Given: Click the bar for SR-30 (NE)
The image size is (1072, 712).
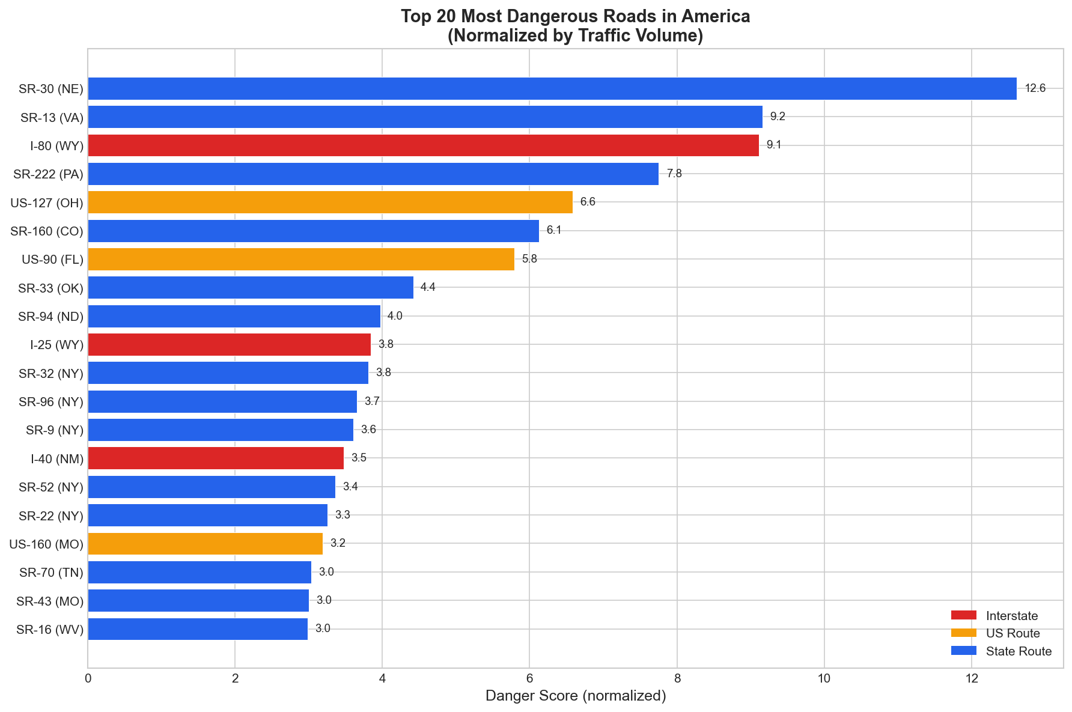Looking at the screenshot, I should (x=552, y=88).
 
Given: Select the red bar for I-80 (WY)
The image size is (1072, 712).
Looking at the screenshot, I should (x=423, y=145).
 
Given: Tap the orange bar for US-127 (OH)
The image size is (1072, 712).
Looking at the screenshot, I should (x=330, y=202).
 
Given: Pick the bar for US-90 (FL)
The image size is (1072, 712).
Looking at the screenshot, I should (x=300, y=259).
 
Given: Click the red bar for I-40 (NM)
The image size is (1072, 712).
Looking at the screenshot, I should (x=216, y=458).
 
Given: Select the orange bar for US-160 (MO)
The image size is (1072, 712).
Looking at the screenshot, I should (x=205, y=543).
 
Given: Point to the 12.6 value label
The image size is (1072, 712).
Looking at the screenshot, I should (x=1035, y=88).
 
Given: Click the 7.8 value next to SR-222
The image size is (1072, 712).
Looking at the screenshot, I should (x=674, y=174).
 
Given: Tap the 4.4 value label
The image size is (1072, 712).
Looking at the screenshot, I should (x=428, y=287).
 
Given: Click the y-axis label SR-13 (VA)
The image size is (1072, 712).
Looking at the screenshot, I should (x=52, y=117).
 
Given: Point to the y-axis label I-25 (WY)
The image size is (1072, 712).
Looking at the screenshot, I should (x=56, y=344).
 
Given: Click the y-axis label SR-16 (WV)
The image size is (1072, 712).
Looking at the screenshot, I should (x=50, y=629).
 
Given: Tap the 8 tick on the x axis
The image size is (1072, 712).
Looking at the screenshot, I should (x=677, y=678).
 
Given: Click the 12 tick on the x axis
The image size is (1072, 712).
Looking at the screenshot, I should (x=971, y=678).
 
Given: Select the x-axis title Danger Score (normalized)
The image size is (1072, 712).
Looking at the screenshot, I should (x=575, y=696).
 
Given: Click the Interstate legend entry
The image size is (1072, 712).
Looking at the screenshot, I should (x=1012, y=616).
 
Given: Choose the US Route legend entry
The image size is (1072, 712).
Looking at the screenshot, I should (x=1013, y=633).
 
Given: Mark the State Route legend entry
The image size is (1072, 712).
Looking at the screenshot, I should (x=1019, y=651).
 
